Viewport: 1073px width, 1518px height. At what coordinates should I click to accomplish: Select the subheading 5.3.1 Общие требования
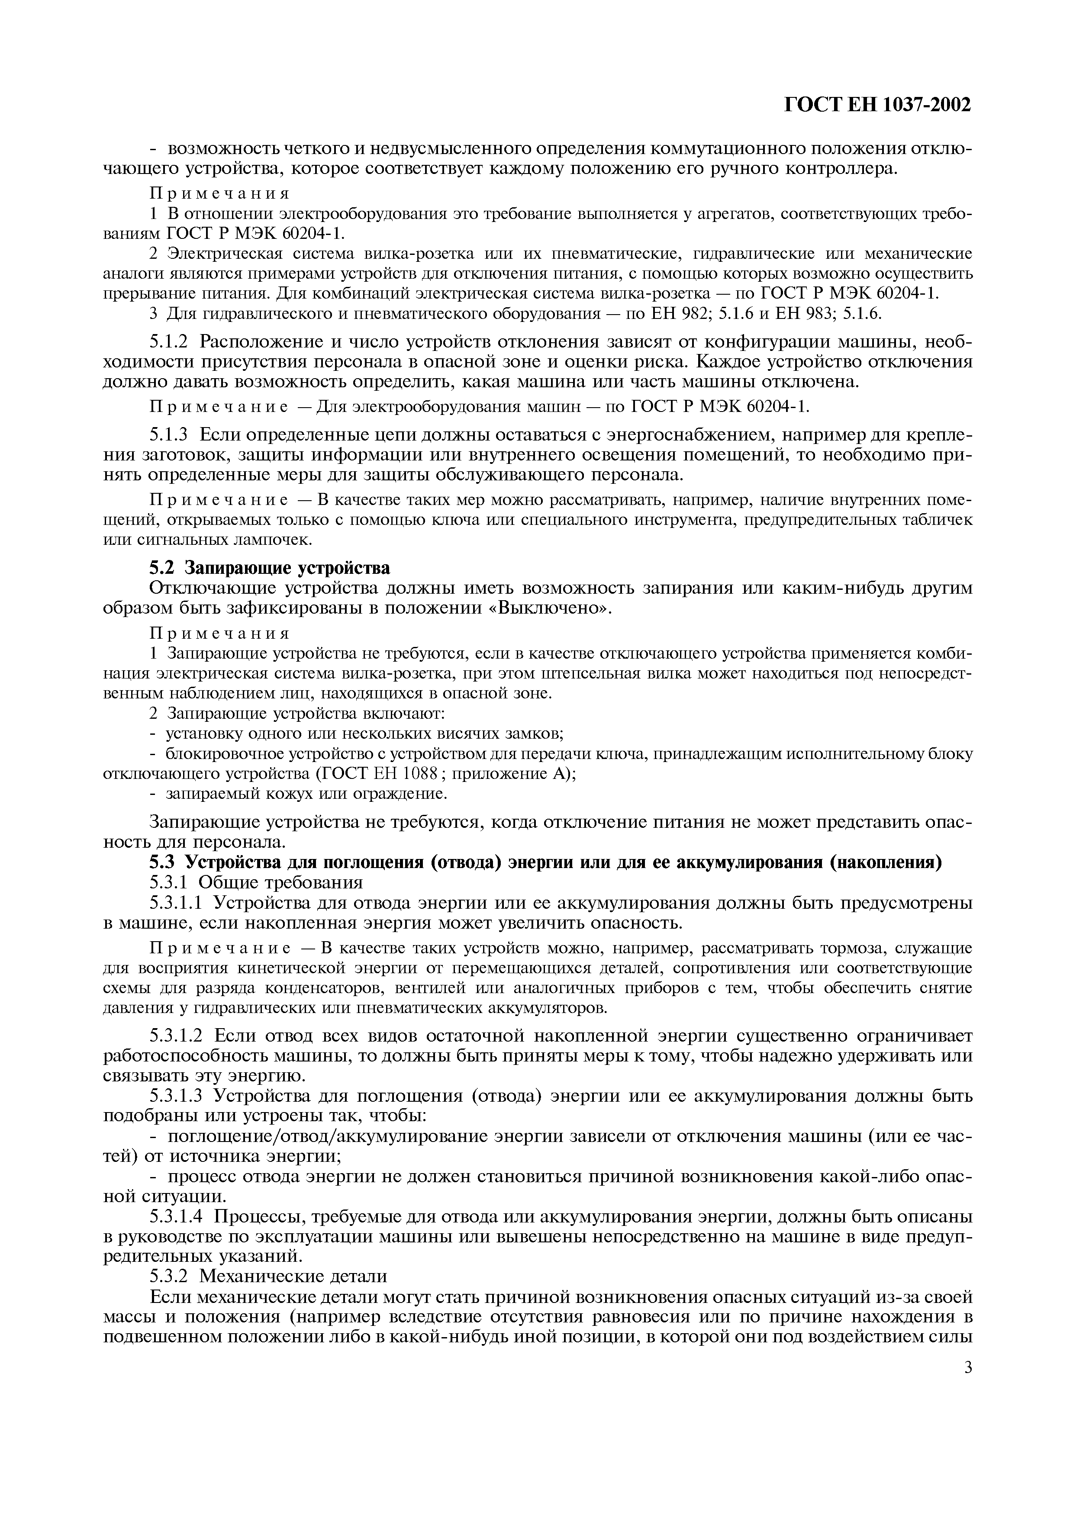(257, 883)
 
